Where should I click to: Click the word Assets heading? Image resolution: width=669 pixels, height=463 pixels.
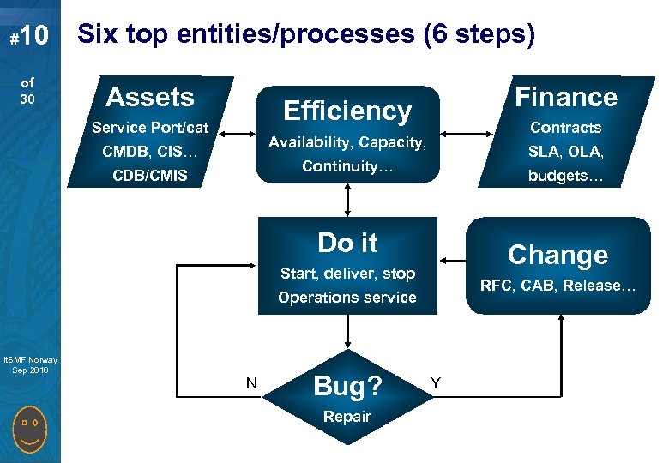point(150,97)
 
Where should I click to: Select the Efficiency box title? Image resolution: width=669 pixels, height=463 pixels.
point(347,111)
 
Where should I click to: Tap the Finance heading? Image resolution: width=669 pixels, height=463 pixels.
point(565,97)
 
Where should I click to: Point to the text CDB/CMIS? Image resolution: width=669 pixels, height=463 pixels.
point(150,177)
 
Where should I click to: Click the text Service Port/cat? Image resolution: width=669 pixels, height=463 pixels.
point(150,128)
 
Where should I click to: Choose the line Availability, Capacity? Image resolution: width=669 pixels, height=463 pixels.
point(347,141)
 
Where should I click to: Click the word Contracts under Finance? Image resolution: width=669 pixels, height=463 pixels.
point(565,128)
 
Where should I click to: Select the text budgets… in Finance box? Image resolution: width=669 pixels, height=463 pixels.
point(565,177)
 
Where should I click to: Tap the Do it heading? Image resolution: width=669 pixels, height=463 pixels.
point(347,243)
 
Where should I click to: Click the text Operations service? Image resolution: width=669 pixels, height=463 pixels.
point(347,298)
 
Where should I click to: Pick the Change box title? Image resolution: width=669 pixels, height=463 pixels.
point(557,255)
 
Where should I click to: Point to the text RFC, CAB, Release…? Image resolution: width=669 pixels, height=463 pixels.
point(557,286)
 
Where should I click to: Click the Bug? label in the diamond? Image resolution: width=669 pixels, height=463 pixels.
point(347,387)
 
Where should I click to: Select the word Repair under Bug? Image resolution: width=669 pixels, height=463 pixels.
point(347,417)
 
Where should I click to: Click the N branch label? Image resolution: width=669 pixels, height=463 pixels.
point(251,383)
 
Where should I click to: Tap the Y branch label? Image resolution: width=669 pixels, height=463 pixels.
point(436,383)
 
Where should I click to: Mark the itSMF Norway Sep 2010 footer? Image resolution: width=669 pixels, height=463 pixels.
point(29,364)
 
